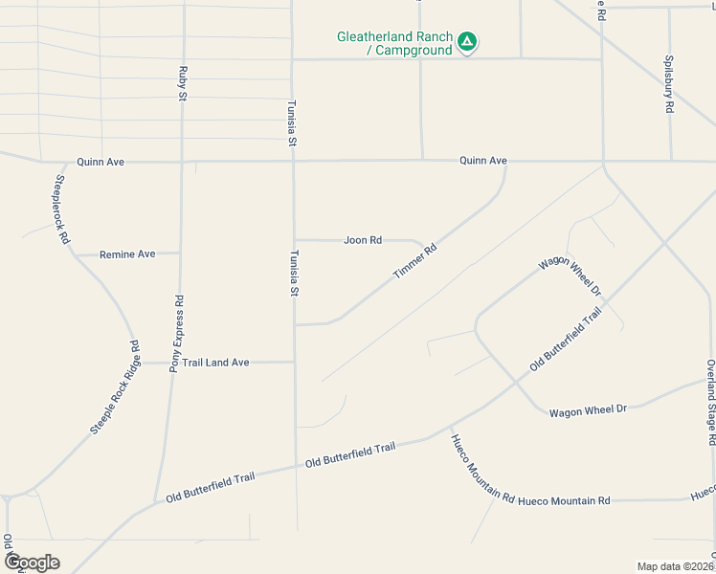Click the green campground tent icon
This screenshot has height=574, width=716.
pyautogui.click(x=466, y=42)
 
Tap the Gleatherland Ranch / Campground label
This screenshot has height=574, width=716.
pyautogui.click(x=393, y=43)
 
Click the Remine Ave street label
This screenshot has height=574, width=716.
pyautogui.click(x=127, y=254)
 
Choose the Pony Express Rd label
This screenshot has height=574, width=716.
pyautogui.click(x=176, y=333)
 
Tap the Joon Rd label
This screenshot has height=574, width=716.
pyautogui.click(x=363, y=240)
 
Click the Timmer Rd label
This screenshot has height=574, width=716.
pyautogui.click(x=414, y=261)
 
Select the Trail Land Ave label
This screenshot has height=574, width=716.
pyautogui.click(x=216, y=363)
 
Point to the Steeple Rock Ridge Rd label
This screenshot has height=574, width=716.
pyautogui.click(x=116, y=387)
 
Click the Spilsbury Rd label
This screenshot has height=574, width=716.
pyautogui.click(x=669, y=84)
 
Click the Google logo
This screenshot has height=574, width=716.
pyautogui.click(x=32, y=562)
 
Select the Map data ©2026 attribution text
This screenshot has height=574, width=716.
pyautogui.click(x=676, y=566)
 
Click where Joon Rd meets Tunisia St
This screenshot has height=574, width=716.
pyautogui.click(x=294, y=240)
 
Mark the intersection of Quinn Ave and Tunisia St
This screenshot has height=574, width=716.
pyautogui.click(x=293, y=162)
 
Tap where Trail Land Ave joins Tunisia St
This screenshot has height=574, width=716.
pyautogui.click(x=294, y=363)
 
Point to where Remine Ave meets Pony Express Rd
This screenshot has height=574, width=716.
pyautogui.click(x=180, y=254)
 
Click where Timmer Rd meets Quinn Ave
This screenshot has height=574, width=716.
pyautogui.click(x=505, y=162)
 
